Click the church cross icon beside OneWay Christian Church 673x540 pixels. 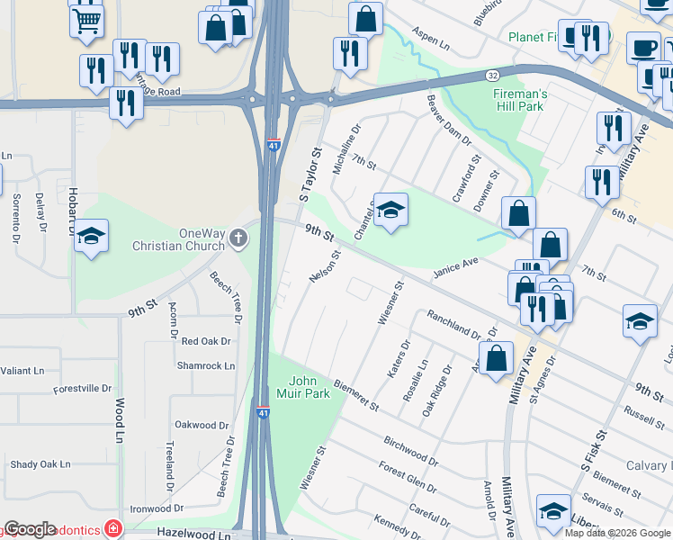coord(238,238)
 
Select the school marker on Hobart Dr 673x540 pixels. coord(92,237)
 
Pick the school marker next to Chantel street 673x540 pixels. coord(390,211)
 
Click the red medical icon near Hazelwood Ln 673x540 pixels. coord(112,527)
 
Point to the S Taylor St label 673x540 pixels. coord(310,175)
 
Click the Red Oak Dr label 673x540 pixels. coord(206,341)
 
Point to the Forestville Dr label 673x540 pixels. coord(83,389)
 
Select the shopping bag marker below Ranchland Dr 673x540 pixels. coord(497,358)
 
